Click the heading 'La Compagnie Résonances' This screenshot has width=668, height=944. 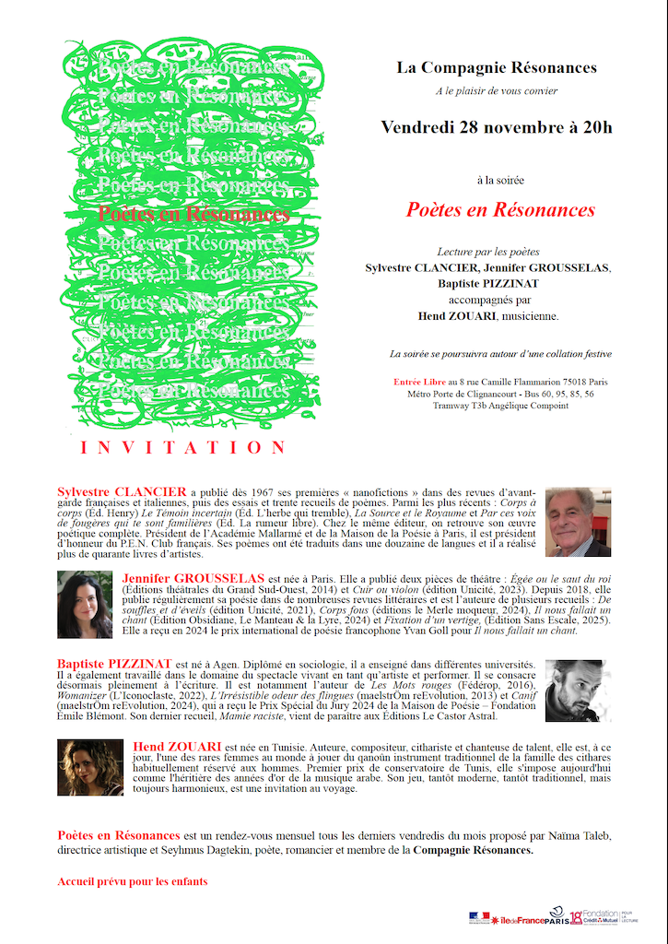[x=497, y=68]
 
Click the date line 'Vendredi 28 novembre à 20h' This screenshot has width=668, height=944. [x=497, y=127]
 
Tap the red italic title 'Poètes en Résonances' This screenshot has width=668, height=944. [x=500, y=210]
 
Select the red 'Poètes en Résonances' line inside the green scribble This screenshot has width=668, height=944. [x=193, y=215]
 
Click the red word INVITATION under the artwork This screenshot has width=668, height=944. [x=184, y=448]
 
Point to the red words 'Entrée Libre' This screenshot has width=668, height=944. [x=419, y=382]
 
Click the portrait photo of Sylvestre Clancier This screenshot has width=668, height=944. [x=578, y=522]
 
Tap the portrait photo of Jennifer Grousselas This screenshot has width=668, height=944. [x=85, y=605]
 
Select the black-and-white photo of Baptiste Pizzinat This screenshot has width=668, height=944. [x=578, y=690]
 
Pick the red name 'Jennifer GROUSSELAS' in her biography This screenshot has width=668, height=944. [x=192, y=578]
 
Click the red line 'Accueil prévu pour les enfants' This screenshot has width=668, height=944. [x=133, y=882]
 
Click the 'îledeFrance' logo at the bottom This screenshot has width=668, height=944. [x=515, y=920]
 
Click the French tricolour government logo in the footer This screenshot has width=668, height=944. [x=480, y=918]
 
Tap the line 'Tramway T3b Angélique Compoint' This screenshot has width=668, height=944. [x=501, y=406]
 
